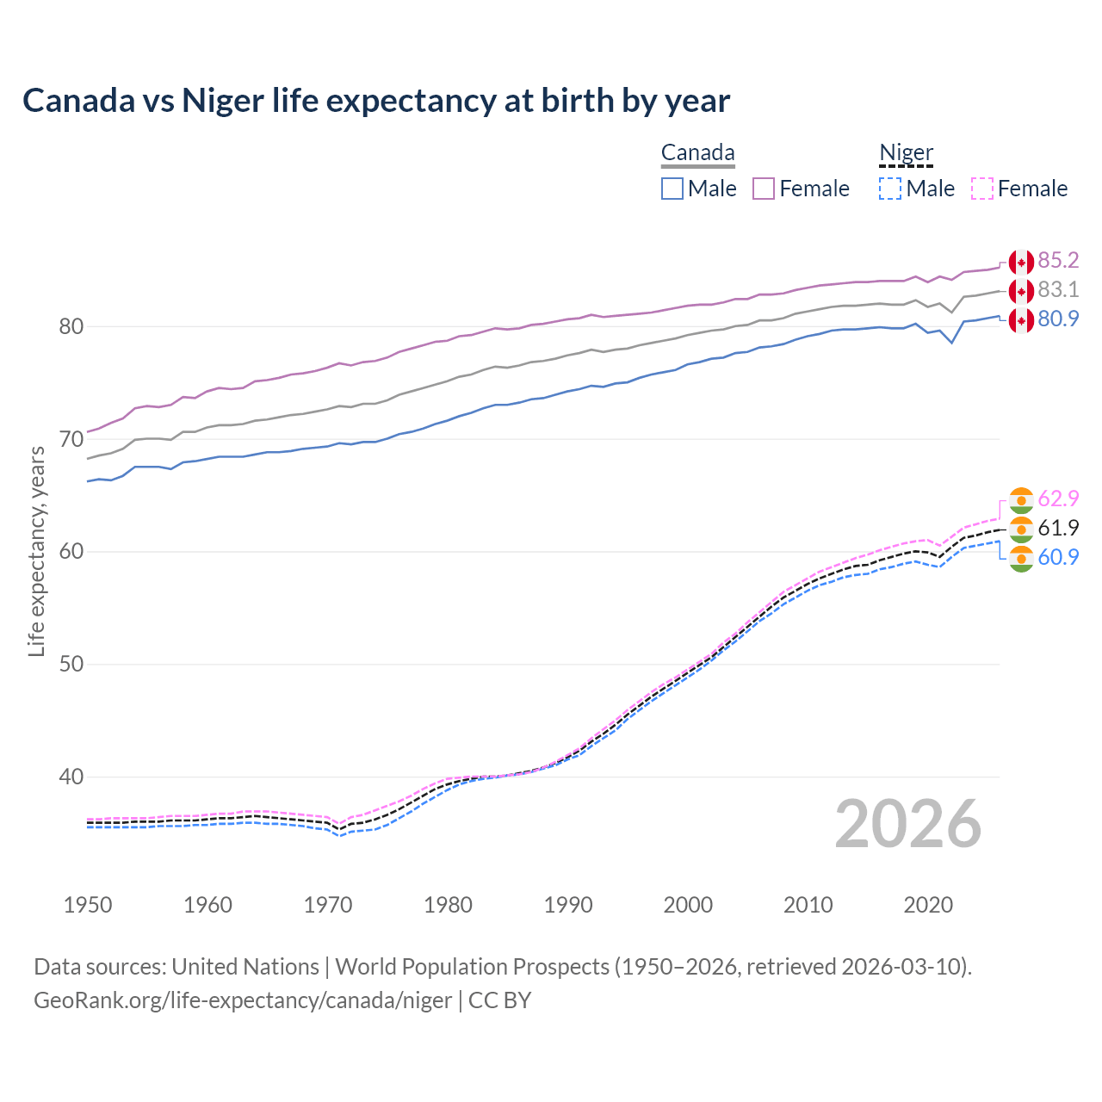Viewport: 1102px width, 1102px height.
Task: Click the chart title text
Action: pyautogui.click(x=376, y=101)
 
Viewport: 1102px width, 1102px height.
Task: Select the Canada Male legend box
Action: pyautogui.click(x=672, y=189)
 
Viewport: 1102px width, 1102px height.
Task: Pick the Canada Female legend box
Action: pyautogui.click(x=764, y=189)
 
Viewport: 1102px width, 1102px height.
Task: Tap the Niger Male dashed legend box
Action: pyautogui.click(x=890, y=189)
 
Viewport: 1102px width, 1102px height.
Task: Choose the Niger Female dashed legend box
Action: pyautogui.click(x=981, y=189)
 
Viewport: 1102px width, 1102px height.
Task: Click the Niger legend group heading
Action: pyautogui.click(x=906, y=153)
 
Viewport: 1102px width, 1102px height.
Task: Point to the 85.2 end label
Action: pyautogui.click(x=1058, y=260)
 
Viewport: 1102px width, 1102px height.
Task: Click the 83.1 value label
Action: pyautogui.click(x=1058, y=289)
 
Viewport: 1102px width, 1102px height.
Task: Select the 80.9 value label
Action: pyautogui.click(x=1058, y=319)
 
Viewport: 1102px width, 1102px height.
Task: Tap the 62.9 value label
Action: pyautogui.click(x=1058, y=498)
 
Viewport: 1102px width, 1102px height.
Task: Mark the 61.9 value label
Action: pyautogui.click(x=1058, y=528)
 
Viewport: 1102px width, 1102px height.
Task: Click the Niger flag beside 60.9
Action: pyautogui.click(x=1021, y=558)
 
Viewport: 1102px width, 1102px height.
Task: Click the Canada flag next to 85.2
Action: pyautogui.click(x=1021, y=262)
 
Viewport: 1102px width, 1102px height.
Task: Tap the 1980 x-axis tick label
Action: pyautogui.click(x=448, y=905)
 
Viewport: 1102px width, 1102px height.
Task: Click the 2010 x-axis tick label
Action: pyautogui.click(x=808, y=905)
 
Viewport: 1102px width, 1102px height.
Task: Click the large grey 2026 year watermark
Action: pyautogui.click(x=907, y=824)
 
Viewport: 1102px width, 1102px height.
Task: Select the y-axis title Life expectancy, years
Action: pyautogui.click(x=36, y=551)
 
